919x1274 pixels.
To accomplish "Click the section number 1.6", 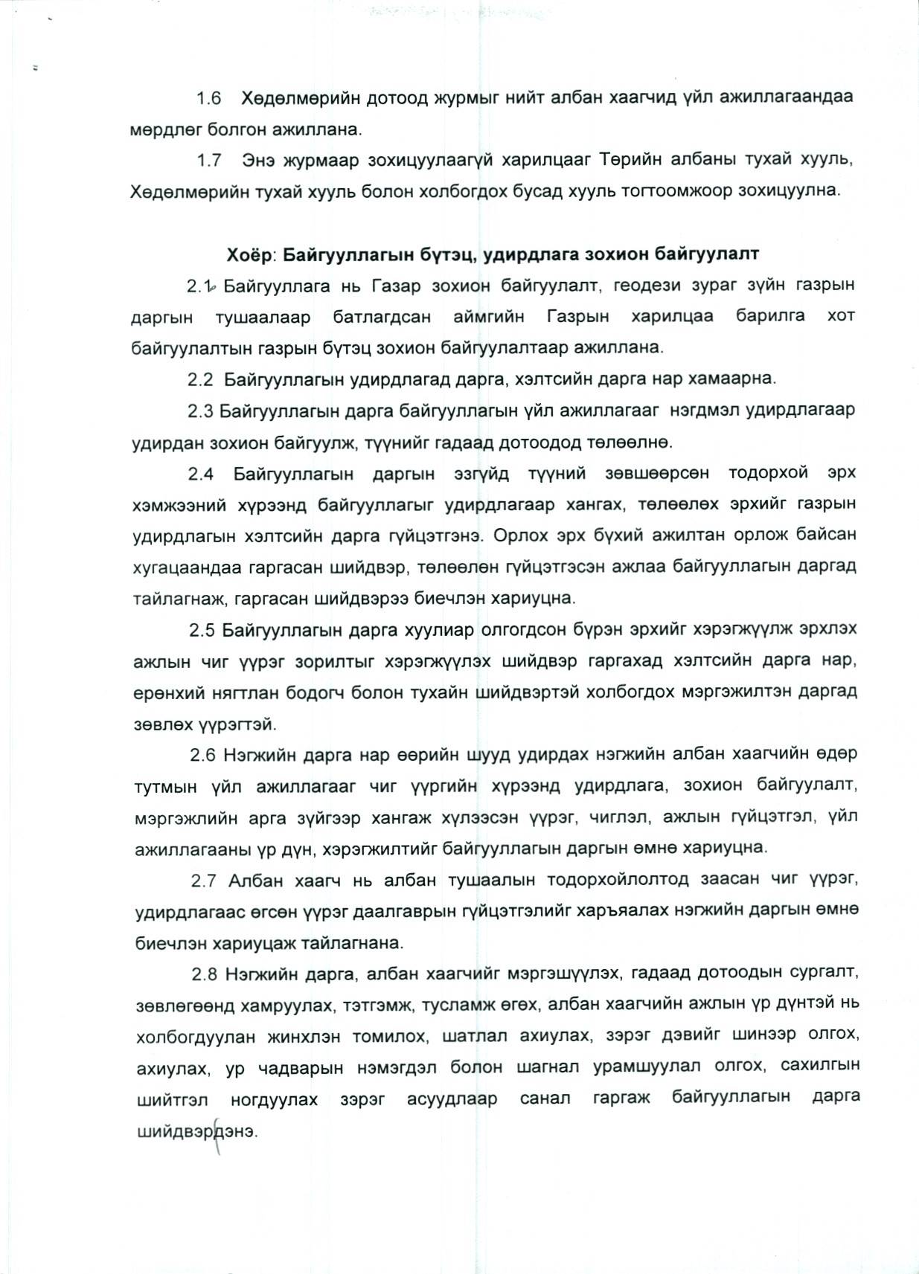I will coord(209,98).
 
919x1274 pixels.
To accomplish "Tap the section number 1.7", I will coord(209,161).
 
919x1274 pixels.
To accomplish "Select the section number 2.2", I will coord(200,379).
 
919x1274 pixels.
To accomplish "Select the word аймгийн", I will coord(488,317).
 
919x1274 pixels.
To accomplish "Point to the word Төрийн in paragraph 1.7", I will coord(624,161).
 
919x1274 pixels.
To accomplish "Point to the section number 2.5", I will coord(202,630).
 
